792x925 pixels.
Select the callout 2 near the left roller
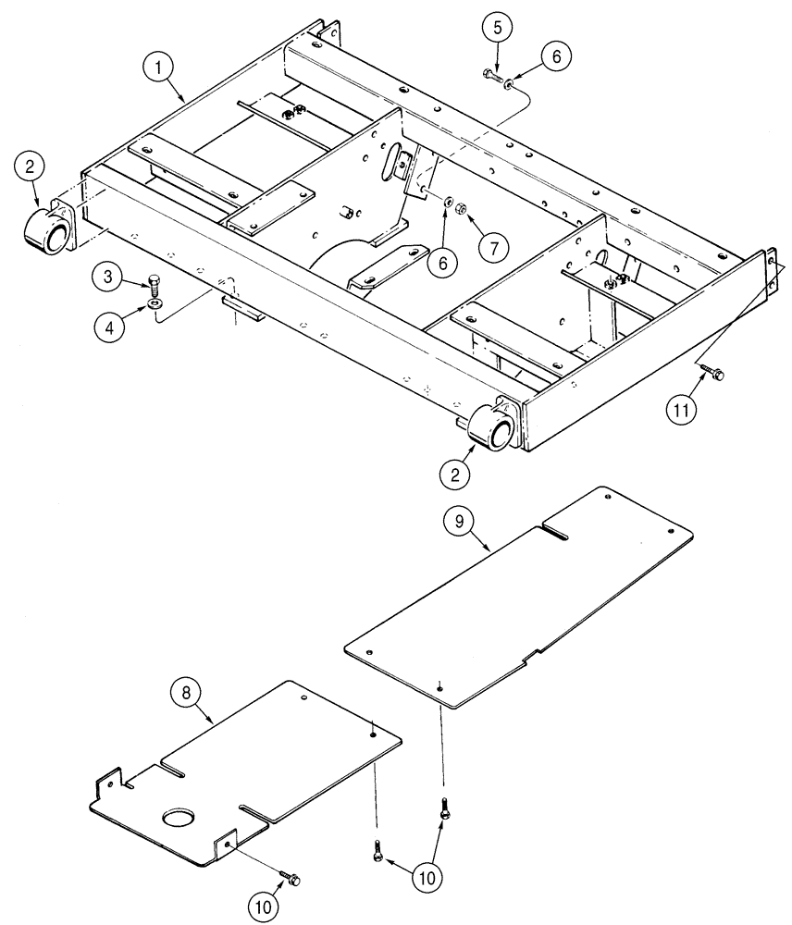point(31,168)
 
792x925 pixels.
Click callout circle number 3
point(108,277)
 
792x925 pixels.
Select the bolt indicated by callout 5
point(489,76)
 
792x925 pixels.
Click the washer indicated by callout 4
point(153,302)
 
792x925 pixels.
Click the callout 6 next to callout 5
point(555,56)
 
